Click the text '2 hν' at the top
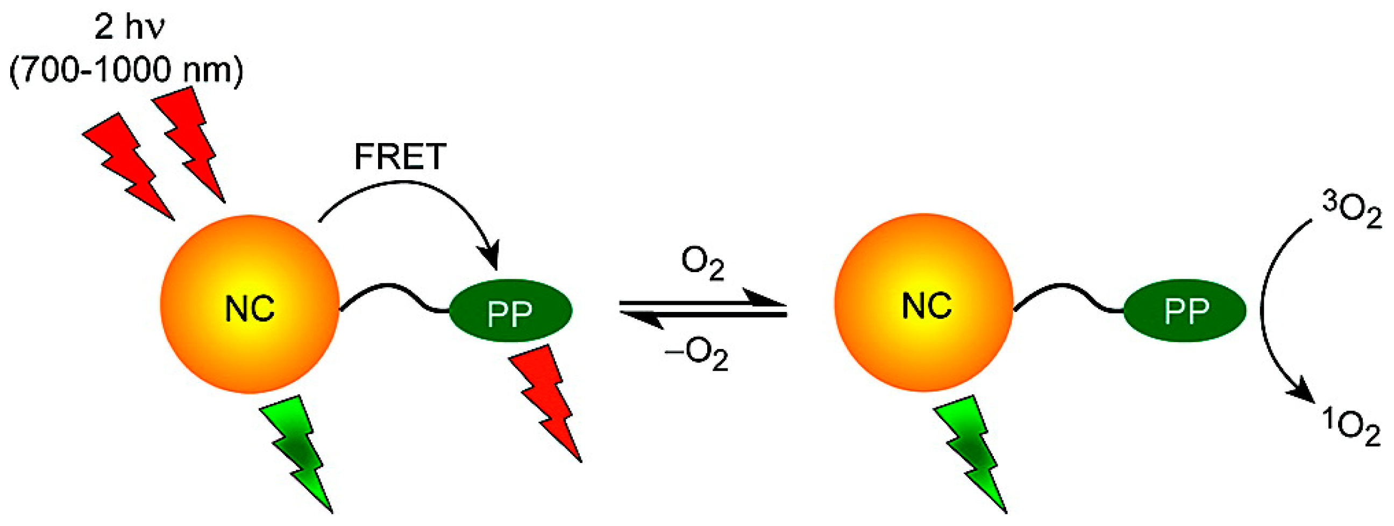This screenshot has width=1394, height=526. pos(128,27)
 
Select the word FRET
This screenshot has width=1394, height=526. pos(400,157)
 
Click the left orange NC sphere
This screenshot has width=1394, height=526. pos(250,303)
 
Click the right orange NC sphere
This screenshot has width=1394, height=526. pos(924,302)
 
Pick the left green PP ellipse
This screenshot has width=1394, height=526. pos(510,311)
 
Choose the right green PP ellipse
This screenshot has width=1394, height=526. pos(1185,311)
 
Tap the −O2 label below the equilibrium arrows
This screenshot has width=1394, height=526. pos(697,355)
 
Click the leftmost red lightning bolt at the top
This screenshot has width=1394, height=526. pos(130,165)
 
